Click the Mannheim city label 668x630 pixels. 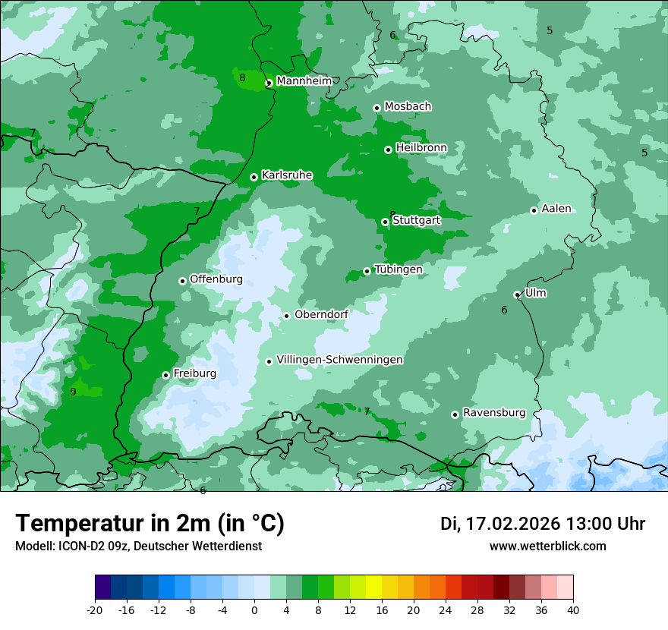304,81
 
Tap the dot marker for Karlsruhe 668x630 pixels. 254,177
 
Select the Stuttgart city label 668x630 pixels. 416,220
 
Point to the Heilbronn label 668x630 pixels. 421,147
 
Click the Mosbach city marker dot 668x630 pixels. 377,108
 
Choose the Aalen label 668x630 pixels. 556,209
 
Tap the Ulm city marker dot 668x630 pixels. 517,295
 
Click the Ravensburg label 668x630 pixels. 494,413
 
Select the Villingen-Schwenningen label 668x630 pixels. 339,360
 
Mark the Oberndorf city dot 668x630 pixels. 286,316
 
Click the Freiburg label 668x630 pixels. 194,373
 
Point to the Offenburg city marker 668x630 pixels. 182,281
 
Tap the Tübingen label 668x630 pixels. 398,269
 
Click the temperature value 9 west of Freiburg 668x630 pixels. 73,392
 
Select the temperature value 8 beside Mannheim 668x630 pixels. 242,77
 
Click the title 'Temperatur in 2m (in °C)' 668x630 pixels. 150,524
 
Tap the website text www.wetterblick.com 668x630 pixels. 547,546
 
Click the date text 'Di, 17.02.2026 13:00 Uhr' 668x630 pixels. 543,524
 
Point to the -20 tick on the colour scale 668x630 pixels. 95,610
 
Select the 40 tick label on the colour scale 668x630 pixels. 573,610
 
